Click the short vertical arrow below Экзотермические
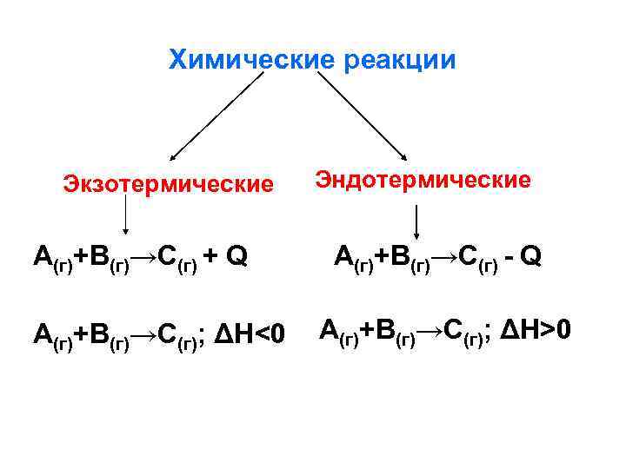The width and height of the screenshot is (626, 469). pos(127,214)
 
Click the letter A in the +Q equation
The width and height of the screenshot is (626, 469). pos(42,255)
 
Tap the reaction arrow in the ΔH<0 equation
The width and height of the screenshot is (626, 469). pos(141,333)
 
